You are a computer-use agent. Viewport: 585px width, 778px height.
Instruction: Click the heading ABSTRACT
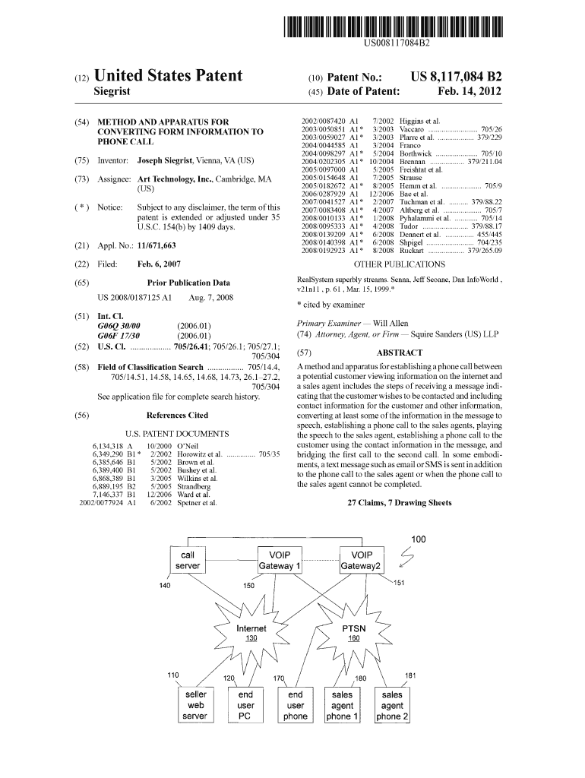pyautogui.click(x=399, y=353)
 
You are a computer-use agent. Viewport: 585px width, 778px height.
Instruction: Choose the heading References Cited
pyautogui.click(x=177, y=416)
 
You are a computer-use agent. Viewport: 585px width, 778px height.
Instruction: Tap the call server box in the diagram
pyautogui.click(x=187, y=561)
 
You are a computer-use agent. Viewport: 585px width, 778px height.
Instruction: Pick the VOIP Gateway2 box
pyautogui.click(x=362, y=561)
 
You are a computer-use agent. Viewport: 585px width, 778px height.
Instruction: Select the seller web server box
pyautogui.click(x=195, y=705)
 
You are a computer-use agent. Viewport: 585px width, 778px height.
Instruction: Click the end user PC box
pyautogui.click(x=245, y=705)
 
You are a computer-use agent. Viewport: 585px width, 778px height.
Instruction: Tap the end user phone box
pyautogui.click(x=295, y=705)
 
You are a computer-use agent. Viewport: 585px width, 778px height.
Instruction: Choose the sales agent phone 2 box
pyautogui.click(x=392, y=705)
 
